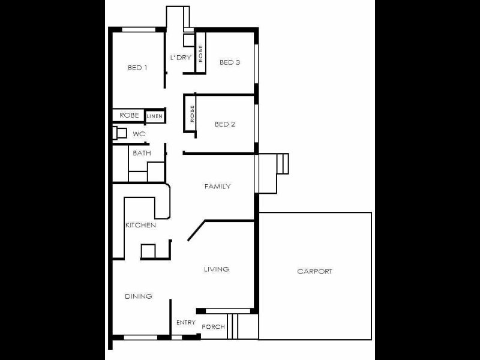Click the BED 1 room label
pos(137,68)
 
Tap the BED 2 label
pos(225,124)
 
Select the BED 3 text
pos(230,62)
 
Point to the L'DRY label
pos(180,58)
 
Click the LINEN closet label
pos(154,115)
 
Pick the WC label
pos(139,134)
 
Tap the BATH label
pos(142,153)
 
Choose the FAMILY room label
pos(217,187)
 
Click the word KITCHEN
pos(140,226)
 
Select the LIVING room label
pos(216,269)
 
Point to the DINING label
pos(138,296)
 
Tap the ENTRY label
pos(185,323)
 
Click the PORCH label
pos(213,327)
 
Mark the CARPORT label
pos(314,271)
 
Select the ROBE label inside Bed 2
pos(192,114)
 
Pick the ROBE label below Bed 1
pos(129,115)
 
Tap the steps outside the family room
pos(281,163)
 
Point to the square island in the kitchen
pos(148,250)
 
